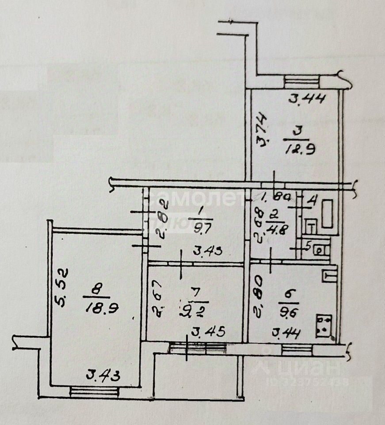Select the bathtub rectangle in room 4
coord(328,214)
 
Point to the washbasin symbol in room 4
coord(310,227)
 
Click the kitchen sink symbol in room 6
coord(330,276)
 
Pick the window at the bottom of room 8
coord(94,391)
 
